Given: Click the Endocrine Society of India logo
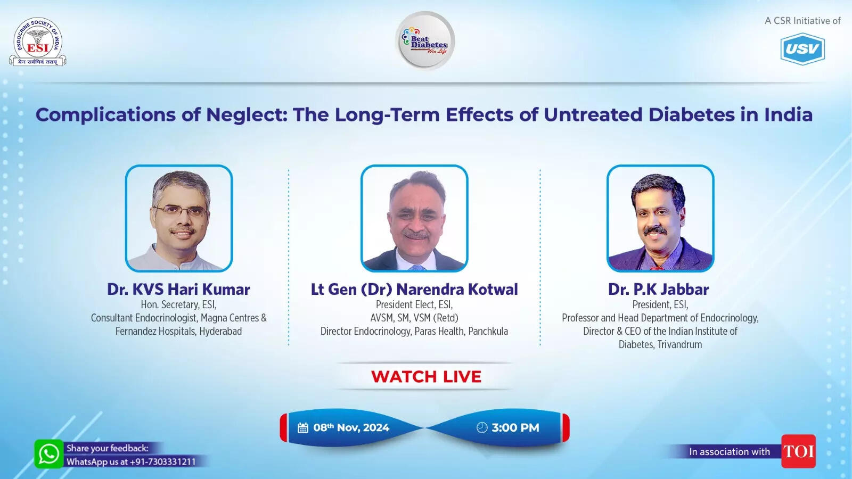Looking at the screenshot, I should (37, 42).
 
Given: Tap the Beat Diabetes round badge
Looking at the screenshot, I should (425, 41).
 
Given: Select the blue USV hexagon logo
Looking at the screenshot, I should (802, 49).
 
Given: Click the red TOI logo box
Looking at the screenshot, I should (798, 451).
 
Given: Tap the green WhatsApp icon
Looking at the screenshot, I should (48, 454).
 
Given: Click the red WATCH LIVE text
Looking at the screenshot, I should (426, 377).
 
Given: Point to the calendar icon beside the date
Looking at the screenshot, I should (303, 428).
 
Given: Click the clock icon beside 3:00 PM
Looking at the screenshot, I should (482, 428).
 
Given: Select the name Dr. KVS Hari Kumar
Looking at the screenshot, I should (178, 290).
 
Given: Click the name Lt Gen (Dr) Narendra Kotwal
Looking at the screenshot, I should (414, 290).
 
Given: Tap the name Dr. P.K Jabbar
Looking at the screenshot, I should (659, 290).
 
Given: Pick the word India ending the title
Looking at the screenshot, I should (788, 115).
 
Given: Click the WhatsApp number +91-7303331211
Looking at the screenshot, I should (163, 462).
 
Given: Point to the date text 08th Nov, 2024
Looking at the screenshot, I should (351, 428).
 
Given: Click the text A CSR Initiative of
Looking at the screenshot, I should (802, 21).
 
